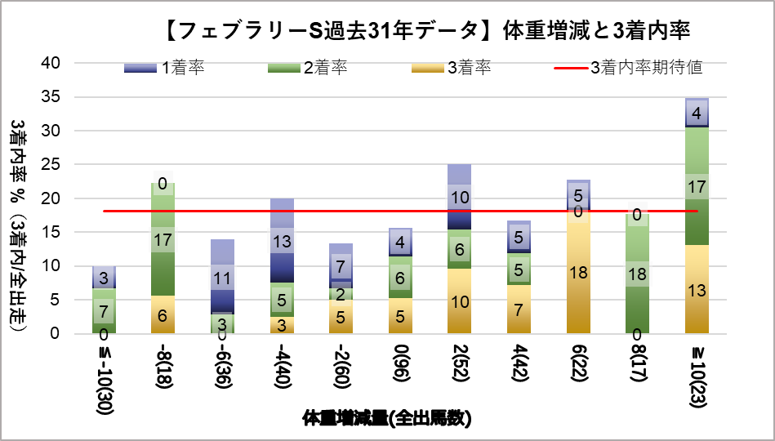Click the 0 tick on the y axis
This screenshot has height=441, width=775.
[53, 333]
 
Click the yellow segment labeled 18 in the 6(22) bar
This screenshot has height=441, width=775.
[578, 273]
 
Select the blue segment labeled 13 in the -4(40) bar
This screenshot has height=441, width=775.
[282, 241]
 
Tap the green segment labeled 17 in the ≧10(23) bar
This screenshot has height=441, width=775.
[697, 187]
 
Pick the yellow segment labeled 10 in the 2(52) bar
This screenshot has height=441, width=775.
[459, 301]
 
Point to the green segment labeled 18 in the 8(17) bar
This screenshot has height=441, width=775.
[637, 274]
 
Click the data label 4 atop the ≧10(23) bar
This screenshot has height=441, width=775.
[697, 114]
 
